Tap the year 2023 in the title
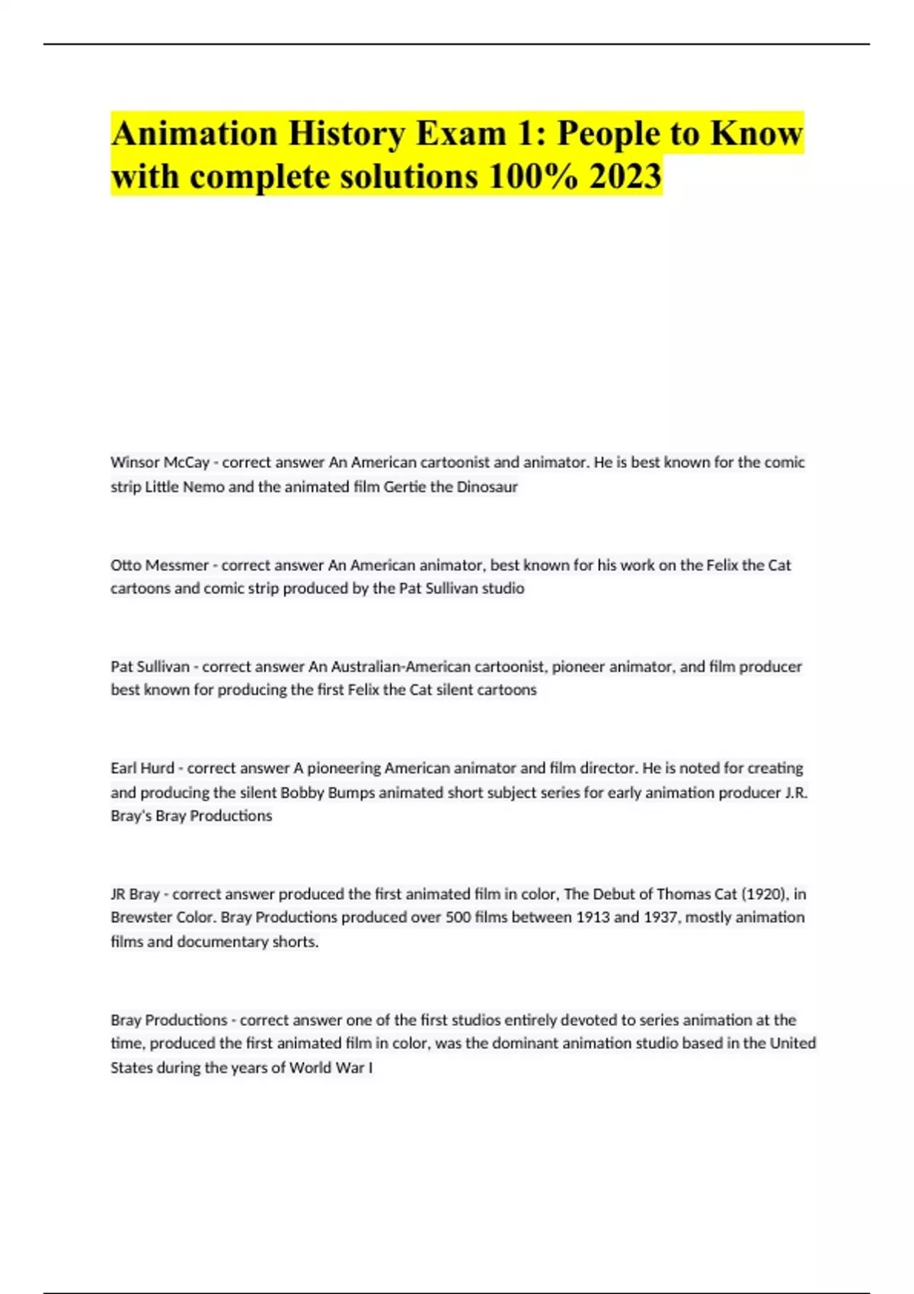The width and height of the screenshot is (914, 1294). (x=625, y=177)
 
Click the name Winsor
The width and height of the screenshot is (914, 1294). (x=134, y=462)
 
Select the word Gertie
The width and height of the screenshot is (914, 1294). (x=404, y=486)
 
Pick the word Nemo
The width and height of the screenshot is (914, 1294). (x=203, y=486)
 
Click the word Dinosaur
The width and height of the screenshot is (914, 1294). (x=487, y=486)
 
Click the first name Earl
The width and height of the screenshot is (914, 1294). (x=123, y=768)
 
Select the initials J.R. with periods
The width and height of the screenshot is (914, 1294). (x=796, y=792)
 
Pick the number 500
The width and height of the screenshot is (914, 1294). (x=459, y=917)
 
